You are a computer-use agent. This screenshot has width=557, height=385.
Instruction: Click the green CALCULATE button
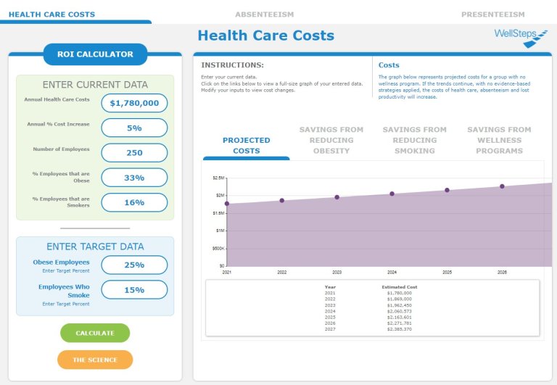pos(95,333)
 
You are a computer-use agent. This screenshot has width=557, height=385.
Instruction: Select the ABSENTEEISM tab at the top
pos(264,14)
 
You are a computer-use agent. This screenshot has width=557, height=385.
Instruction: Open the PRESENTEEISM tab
pos(492,14)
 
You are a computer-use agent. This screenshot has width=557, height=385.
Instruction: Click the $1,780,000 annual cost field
pos(134,103)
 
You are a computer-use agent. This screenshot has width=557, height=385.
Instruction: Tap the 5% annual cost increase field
pos(134,128)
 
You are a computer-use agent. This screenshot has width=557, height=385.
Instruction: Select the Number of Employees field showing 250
pos(134,152)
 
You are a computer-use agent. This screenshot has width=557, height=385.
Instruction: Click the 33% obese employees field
pos(134,178)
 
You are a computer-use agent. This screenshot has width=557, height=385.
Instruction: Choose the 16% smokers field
pos(134,202)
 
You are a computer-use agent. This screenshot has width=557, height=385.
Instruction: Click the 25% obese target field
pos(134,265)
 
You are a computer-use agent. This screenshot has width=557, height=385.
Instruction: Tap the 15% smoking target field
pos(134,290)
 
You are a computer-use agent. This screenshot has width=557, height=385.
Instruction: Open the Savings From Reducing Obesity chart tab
pos(332,140)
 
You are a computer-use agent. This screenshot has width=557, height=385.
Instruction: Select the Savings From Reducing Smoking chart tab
pos(415,140)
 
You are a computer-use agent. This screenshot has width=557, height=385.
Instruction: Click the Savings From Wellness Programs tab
pos(499,140)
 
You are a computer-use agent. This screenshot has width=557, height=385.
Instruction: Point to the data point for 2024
pos(392,194)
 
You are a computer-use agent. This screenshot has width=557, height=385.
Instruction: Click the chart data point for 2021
pos(227,204)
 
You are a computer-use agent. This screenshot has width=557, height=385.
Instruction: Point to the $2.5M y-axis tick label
pos(218,178)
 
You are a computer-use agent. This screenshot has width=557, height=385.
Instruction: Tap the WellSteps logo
pos(520,36)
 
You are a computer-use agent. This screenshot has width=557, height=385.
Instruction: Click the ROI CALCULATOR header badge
pos(95,54)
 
